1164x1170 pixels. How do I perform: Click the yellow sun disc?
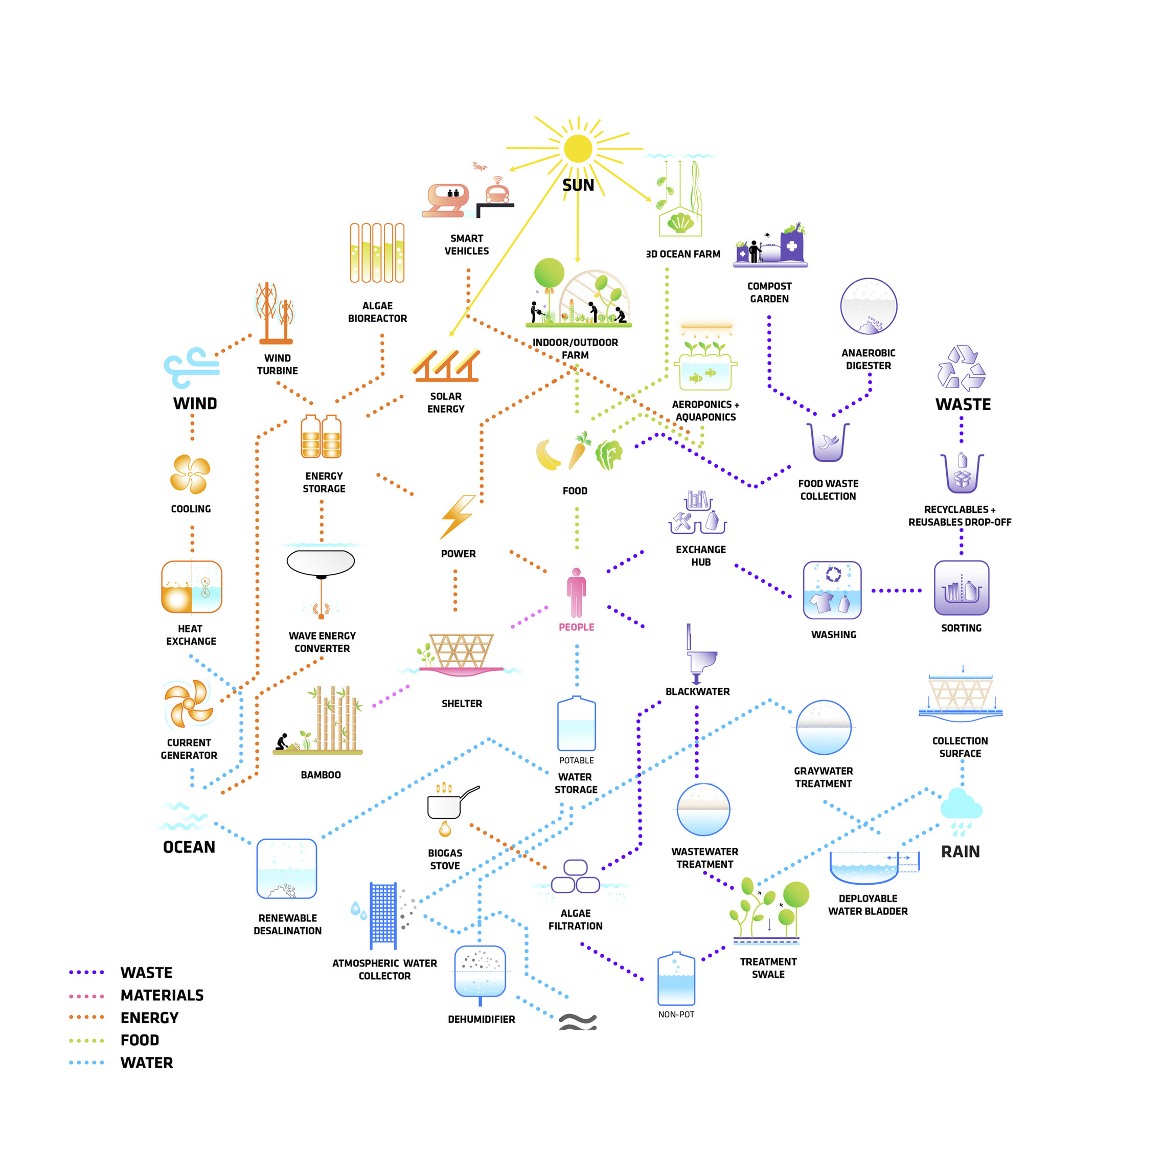(578, 148)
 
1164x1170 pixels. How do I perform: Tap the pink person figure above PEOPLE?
(576, 592)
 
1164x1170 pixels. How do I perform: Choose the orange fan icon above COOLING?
(190, 474)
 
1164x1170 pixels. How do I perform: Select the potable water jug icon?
(576, 724)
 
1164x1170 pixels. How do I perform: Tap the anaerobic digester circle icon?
(868, 306)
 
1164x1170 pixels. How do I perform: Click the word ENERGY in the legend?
(149, 1018)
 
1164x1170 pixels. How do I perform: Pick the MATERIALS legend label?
(162, 995)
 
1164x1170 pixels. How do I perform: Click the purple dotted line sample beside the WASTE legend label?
(86, 973)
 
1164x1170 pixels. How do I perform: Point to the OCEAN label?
(189, 847)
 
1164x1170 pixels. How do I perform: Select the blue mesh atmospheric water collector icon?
(383, 914)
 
